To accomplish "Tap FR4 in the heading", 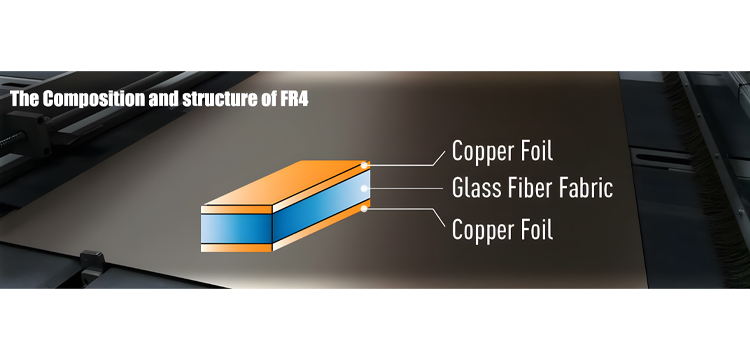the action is pyautogui.click(x=293, y=98).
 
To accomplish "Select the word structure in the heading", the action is pyautogui.click(x=219, y=99).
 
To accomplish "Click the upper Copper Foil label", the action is pyautogui.click(x=502, y=151).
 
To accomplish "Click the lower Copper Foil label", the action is pyautogui.click(x=502, y=229).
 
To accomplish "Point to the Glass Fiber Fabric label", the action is pyautogui.click(x=532, y=188).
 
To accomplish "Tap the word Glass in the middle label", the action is pyautogui.click(x=474, y=188).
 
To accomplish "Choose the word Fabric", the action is pyautogui.click(x=585, y=188).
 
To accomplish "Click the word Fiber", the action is pyautogui.click(x=527, y=188).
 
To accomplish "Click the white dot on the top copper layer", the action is pyautogui.click(x=364, y=165).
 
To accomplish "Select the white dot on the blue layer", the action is pyautogui.click(x=364, y=188).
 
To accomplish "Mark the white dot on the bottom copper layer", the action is pyautogui.click(x=364, y=208).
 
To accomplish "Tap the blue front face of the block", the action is pyautogui.click(x=236, y=229).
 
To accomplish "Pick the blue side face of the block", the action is pyautogui.click(x=321, y=207).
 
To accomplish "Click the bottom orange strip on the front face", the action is pyautogui.click(x=236, y=248).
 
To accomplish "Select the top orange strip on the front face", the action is pyautogui.click(x=236, y=209).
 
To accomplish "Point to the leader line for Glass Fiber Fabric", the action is pyautogui.click(x=405, y=188).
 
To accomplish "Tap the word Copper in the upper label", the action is pyautogui.click(x=481, y=151).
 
